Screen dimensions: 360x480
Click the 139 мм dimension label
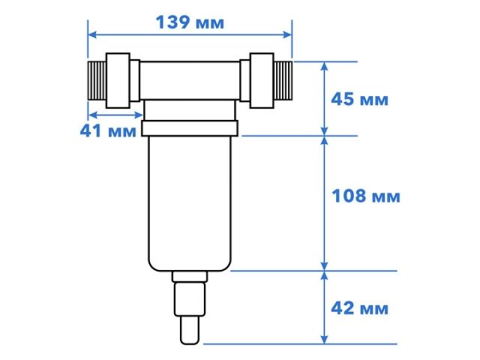click(189, 22)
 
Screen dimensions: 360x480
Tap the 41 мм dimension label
click(108, 130)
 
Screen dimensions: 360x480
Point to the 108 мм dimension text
click(365, 196)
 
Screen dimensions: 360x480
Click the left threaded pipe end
click(97, 80)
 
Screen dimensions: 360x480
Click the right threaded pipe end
click(282, 78)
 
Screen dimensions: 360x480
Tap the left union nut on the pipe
click(119, 81)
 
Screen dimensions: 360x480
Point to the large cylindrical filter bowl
click(190, 202)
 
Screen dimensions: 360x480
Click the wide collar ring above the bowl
click(190, 129)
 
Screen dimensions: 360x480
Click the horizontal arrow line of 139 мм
click(189, 34)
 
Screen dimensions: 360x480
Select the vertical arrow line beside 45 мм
click(325, 99)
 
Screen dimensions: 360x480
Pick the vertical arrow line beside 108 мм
click(325, 203)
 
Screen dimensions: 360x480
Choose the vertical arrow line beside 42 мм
click(325, 308)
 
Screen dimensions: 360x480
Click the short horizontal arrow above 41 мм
click(115, 115)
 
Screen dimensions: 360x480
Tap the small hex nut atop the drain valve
click(190, 277)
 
